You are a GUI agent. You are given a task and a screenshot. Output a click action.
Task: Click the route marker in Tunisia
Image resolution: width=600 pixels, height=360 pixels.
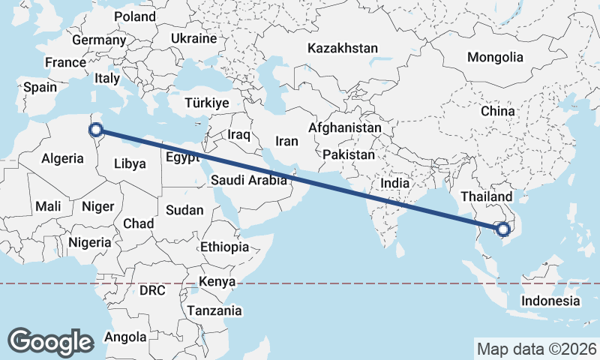[96, 130]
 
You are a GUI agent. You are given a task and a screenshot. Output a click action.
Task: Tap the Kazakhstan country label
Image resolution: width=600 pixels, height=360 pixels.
[342, 48]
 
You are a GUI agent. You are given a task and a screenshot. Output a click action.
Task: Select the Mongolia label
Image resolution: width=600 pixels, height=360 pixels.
[494, 57]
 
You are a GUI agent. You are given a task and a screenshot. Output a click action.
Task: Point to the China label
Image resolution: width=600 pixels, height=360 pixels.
[498, 111]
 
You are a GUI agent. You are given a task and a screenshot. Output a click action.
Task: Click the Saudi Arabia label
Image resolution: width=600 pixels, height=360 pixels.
[249, 180]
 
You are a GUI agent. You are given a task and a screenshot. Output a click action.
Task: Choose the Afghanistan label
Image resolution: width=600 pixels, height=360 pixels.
[345, 128]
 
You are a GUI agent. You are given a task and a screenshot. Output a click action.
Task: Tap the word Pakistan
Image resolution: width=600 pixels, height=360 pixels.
[349, 155]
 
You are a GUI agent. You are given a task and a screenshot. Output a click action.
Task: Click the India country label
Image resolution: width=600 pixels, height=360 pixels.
[394, 183]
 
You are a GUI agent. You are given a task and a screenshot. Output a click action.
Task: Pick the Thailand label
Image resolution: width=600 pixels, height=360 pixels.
[486, 196]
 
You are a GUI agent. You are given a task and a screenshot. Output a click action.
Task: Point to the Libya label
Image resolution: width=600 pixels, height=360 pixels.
[130, 163]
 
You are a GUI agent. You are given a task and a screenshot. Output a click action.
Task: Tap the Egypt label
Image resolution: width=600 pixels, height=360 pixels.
[181, 158]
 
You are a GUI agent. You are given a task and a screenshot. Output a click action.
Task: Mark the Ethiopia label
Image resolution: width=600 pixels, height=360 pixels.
[224, 247]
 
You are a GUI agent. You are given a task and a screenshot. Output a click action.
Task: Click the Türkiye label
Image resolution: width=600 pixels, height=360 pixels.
[207, 103]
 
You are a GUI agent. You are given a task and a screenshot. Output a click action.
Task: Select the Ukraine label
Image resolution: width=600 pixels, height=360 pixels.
[193, 38]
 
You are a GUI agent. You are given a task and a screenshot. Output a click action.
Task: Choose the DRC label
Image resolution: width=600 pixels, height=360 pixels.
[153, 289]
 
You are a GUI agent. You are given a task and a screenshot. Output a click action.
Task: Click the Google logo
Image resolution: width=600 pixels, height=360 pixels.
[50, 342]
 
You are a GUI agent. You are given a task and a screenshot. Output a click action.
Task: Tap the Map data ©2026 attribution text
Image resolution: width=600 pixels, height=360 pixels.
[536, 349]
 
